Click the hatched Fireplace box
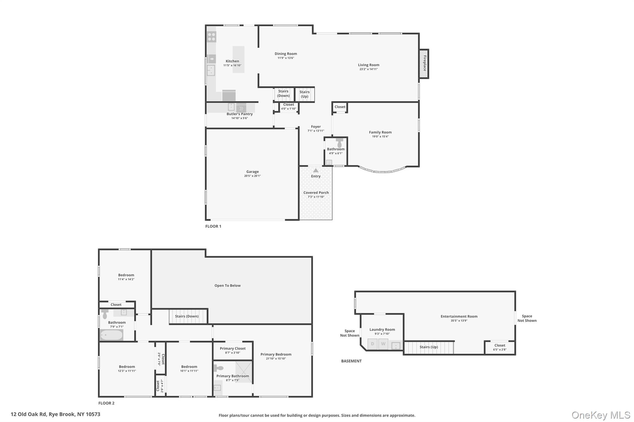tap(424, 64)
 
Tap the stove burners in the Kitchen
tap(211, 37)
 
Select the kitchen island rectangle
tap(238, 59)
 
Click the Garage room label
tap(252, 172)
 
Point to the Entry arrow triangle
tap(315, 170)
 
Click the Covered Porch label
tap(316, 193)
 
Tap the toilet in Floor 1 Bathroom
tap(339, 143)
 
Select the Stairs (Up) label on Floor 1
tap(304, 94)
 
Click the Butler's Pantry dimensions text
tap(239, 118)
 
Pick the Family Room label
tap(380, 132)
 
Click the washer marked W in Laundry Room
tap(383, 344)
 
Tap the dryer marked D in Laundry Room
tap(372, 344)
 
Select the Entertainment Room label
tap(459, 316)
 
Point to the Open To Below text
tap(228, 285)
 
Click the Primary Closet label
tap(232, 348)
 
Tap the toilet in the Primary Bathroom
tap(218, 368)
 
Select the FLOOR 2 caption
tap(106, 403)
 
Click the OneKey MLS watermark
tap(601, 415)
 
